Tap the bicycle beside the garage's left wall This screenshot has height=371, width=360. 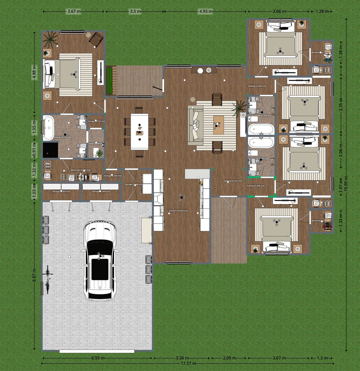pos(48,279)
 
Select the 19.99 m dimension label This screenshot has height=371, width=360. pos(346,184)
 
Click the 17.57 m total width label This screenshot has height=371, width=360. pos(188,363)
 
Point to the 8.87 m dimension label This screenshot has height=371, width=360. pos(34,275)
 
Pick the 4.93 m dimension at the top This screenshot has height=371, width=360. pos(206,11)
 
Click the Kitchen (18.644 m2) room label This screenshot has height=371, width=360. pos(178,211)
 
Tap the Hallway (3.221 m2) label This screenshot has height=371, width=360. pos(233,181)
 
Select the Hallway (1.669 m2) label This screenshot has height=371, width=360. pos(257,86)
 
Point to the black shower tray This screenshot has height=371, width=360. pos(50,150)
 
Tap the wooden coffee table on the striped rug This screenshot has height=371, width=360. pos(218,125)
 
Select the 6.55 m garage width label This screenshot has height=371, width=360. pos(98,358)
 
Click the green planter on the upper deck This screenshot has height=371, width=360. pos(109,80)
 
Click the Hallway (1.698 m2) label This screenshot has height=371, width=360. pos(255,186)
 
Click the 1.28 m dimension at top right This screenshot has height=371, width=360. pos(322,11)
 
